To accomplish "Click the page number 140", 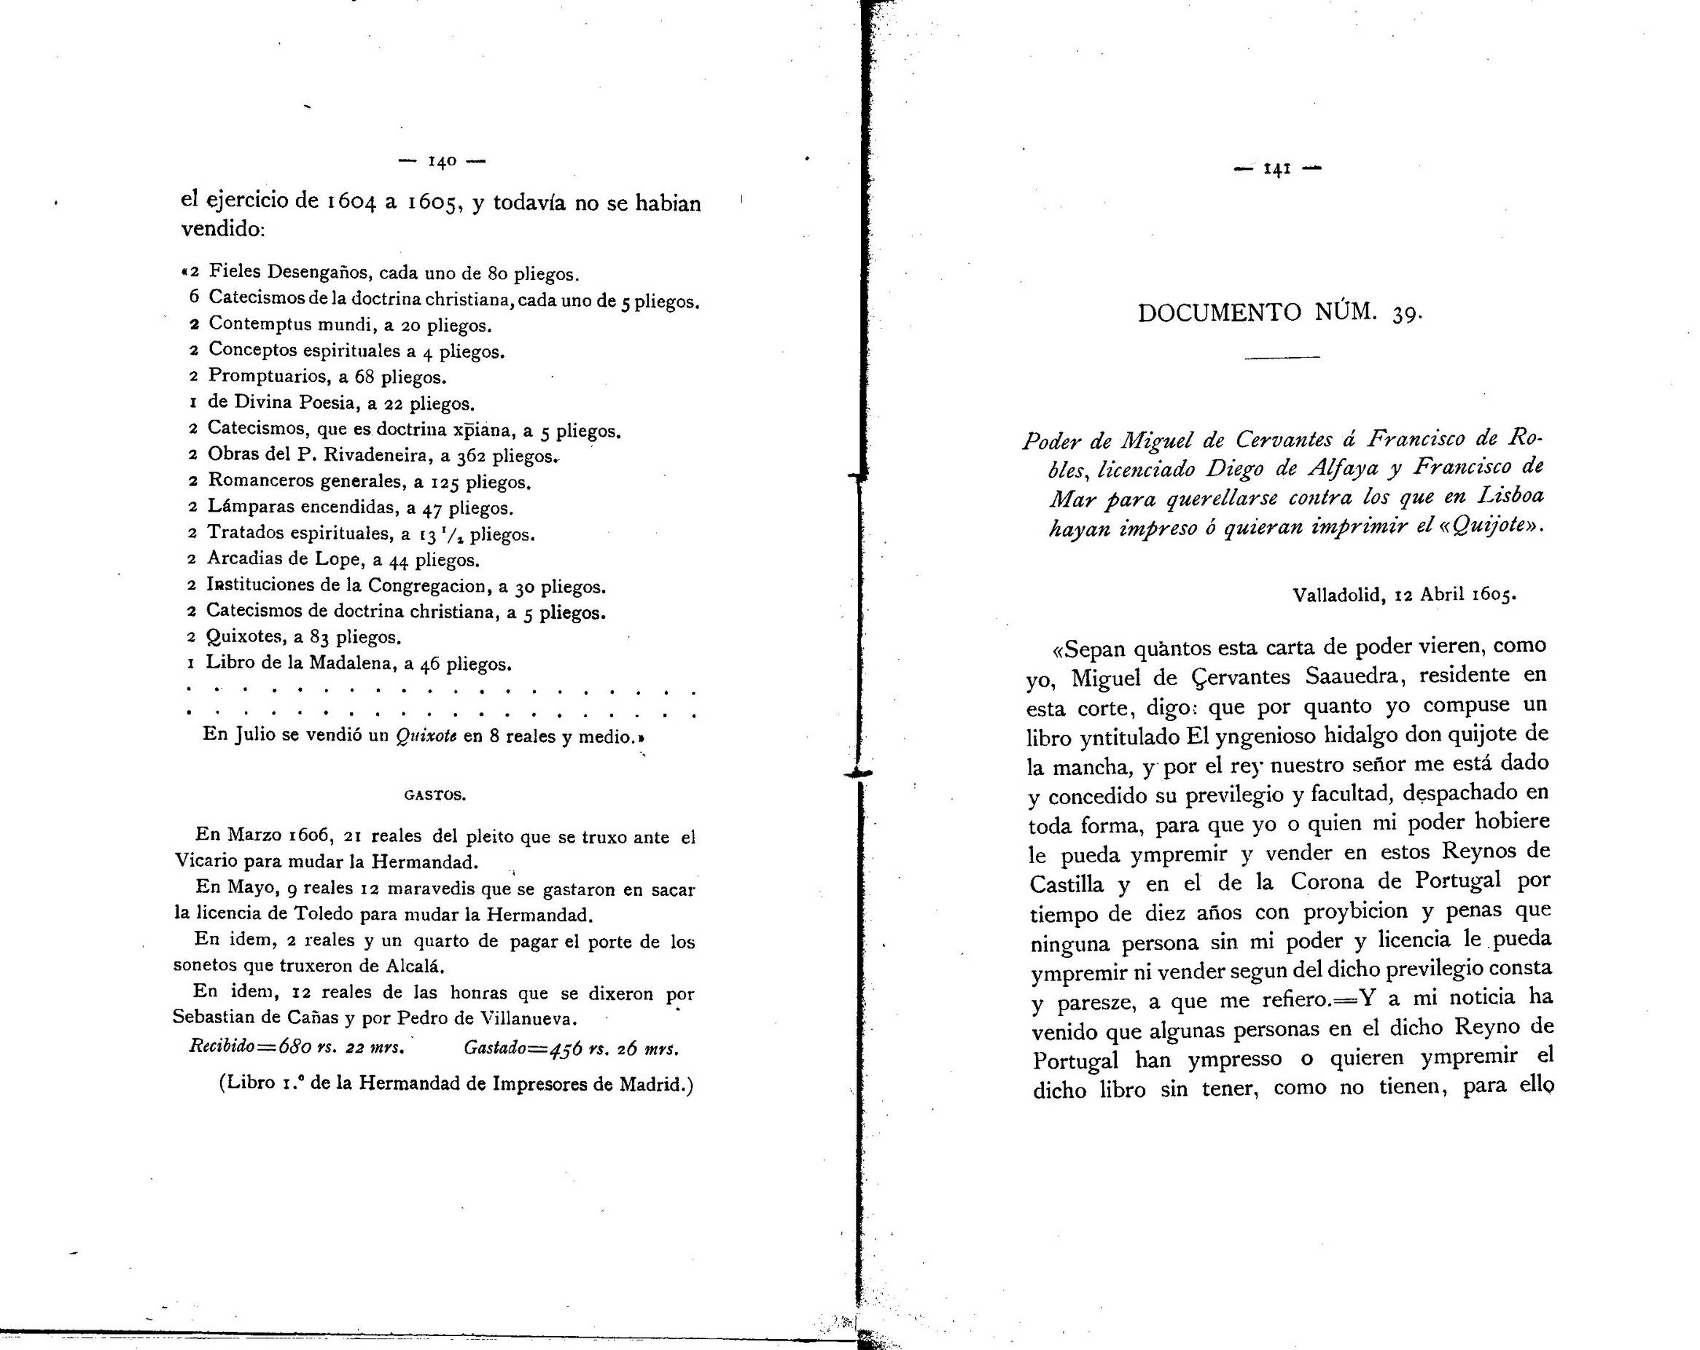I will [442, 162].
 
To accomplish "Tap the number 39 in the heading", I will [1405, 315].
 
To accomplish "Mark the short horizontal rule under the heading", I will [1282, 358].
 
